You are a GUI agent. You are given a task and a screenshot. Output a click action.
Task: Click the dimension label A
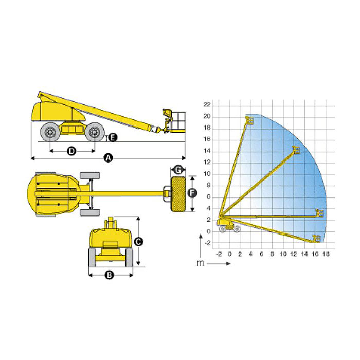tap(108, 158)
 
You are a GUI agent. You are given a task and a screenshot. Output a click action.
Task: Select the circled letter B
tap(109, 275)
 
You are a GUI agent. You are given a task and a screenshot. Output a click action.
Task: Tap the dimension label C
tap(138, 242)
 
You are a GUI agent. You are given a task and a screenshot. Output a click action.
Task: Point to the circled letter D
tap(71, 151)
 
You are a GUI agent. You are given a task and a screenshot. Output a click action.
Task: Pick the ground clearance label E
tap(113, 138)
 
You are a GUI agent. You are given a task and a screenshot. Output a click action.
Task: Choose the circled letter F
tap(192, 193)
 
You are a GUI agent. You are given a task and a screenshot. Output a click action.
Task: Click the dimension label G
tap(178, 170)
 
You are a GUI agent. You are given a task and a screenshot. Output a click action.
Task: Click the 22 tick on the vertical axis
tap(207, 104)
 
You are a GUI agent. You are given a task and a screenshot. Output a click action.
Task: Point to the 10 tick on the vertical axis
tap(207, 174)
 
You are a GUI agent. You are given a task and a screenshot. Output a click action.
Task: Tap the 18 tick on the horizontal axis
tap(326, 254)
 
